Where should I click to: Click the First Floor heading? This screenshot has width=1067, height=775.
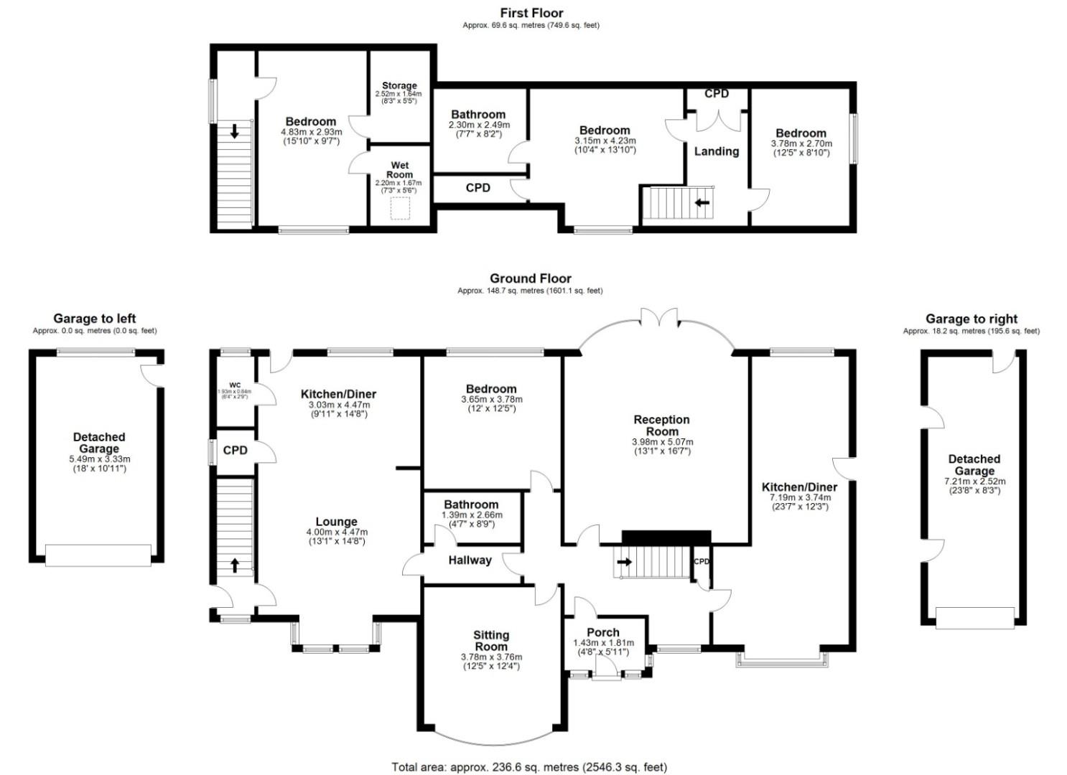(x=531, y=13)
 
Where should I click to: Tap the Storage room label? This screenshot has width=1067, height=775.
(x=399, y=85)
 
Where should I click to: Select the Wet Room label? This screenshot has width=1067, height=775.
(x=400, y=170)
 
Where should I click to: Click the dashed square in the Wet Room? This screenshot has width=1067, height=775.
(x=400, y=209)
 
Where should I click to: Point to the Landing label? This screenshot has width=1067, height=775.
(x=716, y=151)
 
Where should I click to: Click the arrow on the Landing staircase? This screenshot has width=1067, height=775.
(x=702, y=202)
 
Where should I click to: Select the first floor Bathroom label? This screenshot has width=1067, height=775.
(x=478, y=115)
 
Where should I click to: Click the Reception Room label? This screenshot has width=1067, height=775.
(x=661, y=426)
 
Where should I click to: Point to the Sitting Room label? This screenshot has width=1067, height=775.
(x=491, y=641)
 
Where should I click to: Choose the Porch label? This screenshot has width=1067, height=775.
(x=603, y=632)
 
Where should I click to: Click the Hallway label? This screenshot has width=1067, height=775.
(x=470, y=560)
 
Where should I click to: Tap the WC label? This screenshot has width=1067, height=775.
(x=235, y=385)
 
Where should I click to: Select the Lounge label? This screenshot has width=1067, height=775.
(x=337, y=522)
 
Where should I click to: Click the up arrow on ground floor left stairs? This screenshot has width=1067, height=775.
(x=235, y=565)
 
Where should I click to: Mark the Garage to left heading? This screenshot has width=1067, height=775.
(x=94, y=319)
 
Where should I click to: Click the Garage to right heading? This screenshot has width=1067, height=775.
(x=971, y=319)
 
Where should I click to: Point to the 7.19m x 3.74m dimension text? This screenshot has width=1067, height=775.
(x=799, y=497)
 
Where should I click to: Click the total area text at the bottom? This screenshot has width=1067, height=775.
(x=529, y=767)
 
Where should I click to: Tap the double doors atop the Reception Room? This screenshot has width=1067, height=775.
(x=658, y=318)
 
